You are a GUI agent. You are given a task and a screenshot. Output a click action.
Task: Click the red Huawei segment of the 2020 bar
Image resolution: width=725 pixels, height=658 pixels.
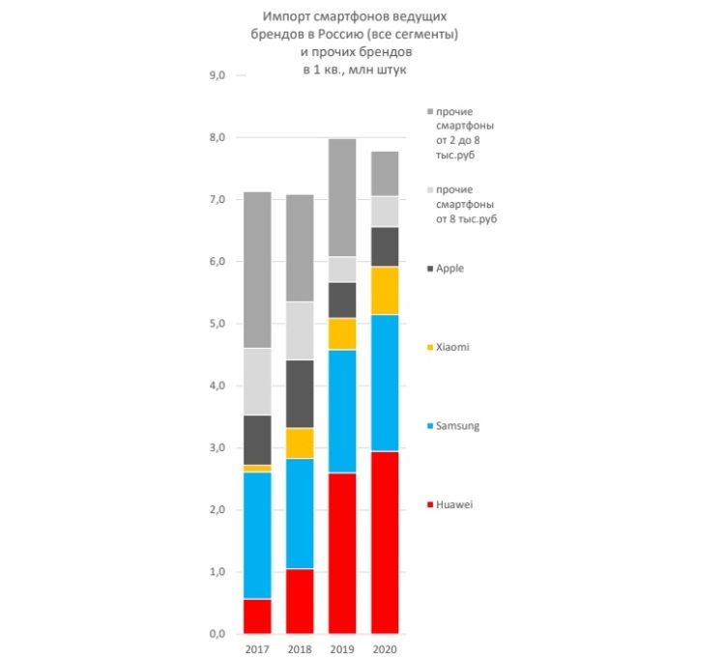coord(385,541)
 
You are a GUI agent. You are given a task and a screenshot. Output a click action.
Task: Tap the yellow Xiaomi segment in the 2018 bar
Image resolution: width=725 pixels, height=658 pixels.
coord(301,443)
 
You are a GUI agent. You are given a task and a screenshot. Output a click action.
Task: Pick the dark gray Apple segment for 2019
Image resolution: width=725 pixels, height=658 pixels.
coord(342,300)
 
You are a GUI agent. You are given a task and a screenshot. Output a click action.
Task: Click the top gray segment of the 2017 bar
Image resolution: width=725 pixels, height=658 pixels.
coord(257,270)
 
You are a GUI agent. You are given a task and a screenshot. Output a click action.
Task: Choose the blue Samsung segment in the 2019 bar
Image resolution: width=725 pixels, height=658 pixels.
coord(342,411)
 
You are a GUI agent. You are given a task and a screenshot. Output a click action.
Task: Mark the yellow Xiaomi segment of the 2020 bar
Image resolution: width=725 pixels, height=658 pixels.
coord(385,290)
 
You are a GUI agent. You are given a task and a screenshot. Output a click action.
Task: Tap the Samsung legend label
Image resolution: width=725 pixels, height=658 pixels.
coord(457,425)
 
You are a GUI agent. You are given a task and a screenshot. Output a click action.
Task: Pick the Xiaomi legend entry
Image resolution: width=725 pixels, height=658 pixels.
coord(453,346)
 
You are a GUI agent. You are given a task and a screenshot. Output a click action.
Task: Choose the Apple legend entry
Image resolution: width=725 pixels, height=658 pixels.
coord(450,268)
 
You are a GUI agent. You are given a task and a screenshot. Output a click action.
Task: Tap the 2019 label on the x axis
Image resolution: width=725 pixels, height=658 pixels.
coord(342,649)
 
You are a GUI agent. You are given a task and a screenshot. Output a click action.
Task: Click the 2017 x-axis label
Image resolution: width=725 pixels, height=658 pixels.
coord(257,649)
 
